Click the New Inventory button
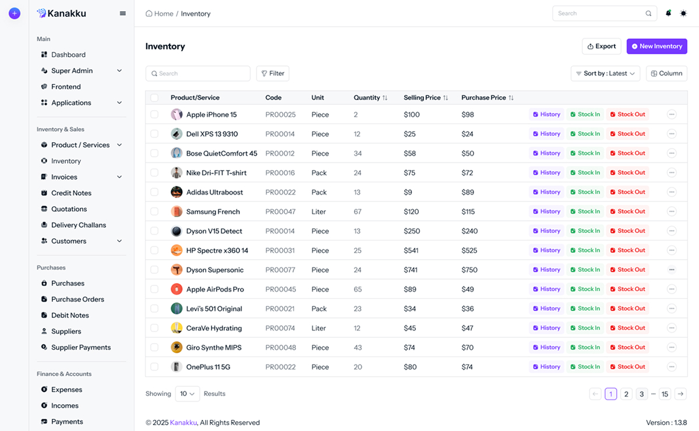(x=656, y=47)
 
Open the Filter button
(x=273, y=73)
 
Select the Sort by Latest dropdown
(x=605, y=73)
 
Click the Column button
(x=666, y=73)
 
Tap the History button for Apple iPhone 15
(x=546, y=115)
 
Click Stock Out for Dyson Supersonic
(x=627, y=270)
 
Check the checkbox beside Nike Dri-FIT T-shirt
(x=154, y=173)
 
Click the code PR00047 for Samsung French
(x=280, y=212)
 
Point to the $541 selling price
(x=412, y=250)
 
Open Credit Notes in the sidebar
(x=71, y=193)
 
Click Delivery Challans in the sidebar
(x=78, y=225)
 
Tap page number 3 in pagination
(x=641, y=394)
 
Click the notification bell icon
(x=668, y=13)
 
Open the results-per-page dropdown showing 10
(x=187, y=394)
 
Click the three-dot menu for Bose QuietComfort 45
(x=672, y=154)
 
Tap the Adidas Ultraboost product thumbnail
(x=176, y=192)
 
